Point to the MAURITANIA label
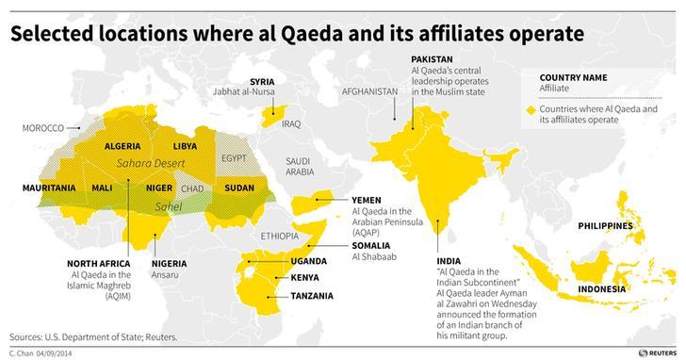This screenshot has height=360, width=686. pos(49,188)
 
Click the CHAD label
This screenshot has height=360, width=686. pos(191,188)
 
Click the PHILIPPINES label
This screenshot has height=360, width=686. pos(609,227)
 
